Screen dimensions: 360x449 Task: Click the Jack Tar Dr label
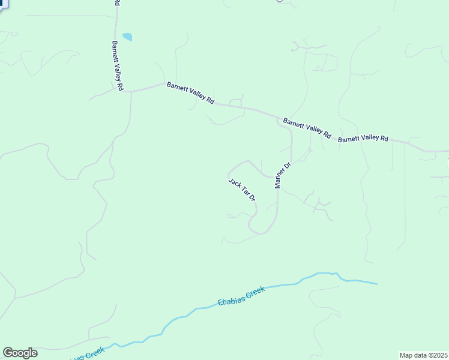tap(243, 190)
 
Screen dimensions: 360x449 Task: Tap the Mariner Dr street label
tap(283, 175)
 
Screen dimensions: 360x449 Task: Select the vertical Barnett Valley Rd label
tap(117, 66)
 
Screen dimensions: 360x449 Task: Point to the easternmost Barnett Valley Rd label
tap(363, 139)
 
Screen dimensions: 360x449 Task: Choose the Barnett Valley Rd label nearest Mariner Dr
tap(307, 128)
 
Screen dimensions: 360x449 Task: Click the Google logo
tap(20, 353)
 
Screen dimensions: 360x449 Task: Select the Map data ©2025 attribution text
tap(423, 355)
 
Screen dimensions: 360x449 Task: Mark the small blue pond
tap(127, 37)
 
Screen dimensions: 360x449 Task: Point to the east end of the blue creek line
tap(376, 283)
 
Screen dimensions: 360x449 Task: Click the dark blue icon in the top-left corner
tap(4, 3)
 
